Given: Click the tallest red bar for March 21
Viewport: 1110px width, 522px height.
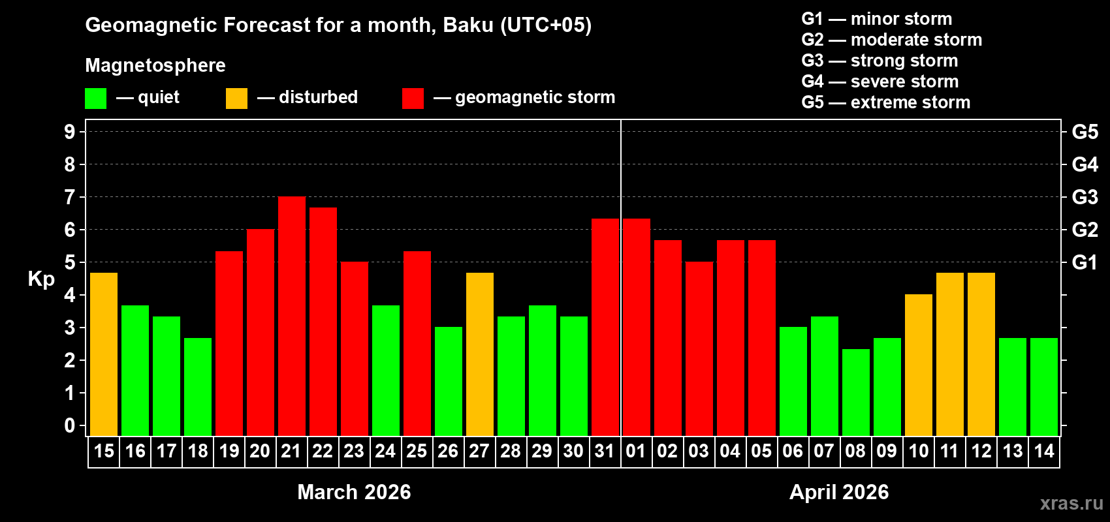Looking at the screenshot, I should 291,316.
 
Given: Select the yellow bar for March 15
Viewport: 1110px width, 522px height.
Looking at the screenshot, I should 103,354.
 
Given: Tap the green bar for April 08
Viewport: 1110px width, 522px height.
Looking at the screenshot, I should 855,392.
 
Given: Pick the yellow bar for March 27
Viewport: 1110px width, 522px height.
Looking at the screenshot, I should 479,354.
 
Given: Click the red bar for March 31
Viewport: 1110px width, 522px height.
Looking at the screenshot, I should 605,327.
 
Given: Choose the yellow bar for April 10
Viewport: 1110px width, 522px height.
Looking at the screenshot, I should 918,365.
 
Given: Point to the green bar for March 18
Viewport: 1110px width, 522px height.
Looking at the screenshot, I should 197,387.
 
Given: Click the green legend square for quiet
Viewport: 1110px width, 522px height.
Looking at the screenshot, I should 95,99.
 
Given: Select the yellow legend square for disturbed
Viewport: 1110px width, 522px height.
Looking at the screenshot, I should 236,99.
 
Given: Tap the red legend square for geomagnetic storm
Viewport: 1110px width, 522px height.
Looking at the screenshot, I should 413,99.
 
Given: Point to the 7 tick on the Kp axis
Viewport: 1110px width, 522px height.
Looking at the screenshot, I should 70,197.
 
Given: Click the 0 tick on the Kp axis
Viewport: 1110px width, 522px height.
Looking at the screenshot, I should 70,426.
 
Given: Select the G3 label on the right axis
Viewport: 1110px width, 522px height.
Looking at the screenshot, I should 1085,197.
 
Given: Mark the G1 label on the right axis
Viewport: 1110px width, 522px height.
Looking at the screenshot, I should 1085,262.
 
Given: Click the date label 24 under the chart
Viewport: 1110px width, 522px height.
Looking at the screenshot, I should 385,452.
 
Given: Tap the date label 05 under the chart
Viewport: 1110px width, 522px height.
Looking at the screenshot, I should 761,452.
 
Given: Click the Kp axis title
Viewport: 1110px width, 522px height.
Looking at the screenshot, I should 41,279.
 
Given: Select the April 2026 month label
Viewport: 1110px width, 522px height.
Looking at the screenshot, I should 838,492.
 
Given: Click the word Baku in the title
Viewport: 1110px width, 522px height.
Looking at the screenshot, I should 468,25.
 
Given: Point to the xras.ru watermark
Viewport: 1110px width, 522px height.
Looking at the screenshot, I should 1071,503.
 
